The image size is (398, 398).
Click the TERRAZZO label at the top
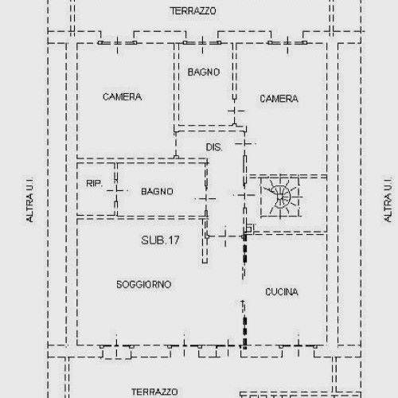pyautogui.click(x=193, y=11)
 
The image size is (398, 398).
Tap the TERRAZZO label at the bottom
pyautogui.click(x=154, y=392)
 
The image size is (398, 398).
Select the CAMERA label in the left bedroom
pyautogui.click(x=122, y=97)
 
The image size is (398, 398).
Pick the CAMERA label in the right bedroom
pyautogui.click(x=279, y=99)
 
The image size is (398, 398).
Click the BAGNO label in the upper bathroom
pyautogui.click(x=204, y=72)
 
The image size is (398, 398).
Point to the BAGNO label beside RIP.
pyautogui.click(x=157, y=191)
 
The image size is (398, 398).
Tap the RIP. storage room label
pyautogui.click(x=94, y=183)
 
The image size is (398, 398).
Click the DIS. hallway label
pyautogui.click(x=214, y=147)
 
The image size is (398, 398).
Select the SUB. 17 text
pyautogui.click(x=160, y=240)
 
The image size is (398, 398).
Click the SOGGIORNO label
pyautogui.click(x=144, y=284)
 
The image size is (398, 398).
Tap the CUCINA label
pyautogui.click(x=282, y=292)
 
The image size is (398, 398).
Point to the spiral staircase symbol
pyautogui.click(x=281, y=197)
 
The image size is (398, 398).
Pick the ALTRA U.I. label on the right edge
pyautogui.click(x=388, y=199)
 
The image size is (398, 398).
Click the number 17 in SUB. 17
pyautogui.click(x=174, y=240)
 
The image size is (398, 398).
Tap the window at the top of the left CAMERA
pyautogui.click(x=117, y=42)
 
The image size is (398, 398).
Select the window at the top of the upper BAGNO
pyautogui.click(x=202, y=42)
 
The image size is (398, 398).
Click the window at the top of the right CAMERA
pyautogui.click(x=287, y=42)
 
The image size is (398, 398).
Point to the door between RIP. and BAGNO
pyautogui.click(x=116, y=190)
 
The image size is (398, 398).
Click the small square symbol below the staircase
pyautogui.click(x=249, y=228)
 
